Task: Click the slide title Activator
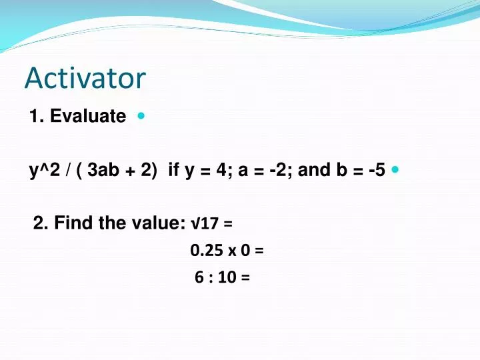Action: [x=85, y=78]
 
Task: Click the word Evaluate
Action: [x=88, y=117]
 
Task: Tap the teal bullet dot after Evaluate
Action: [x=141, y=115]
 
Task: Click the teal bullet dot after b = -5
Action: [x=395, y=169]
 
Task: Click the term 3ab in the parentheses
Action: [x=102, y=171]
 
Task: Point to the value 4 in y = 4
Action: [x=221, y=171]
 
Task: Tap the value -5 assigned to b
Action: [x=375, y=171]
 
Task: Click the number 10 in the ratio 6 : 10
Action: [x=227, y=278]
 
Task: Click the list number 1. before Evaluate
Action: [x=37, y=117]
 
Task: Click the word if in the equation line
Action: [x=173, y=171]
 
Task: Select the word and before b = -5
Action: [x=316, y=171]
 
